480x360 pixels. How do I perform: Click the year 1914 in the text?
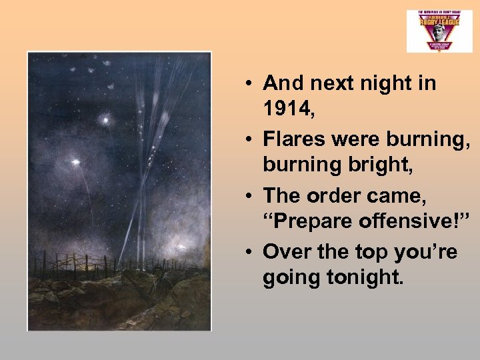(289, 108)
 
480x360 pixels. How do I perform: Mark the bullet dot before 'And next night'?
(247, 84)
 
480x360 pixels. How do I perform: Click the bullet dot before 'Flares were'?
(247, 140)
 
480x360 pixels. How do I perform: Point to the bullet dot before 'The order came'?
(247, 196)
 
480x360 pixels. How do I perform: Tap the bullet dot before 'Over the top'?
(247, 252)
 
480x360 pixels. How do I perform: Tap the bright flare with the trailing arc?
(75, 162)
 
